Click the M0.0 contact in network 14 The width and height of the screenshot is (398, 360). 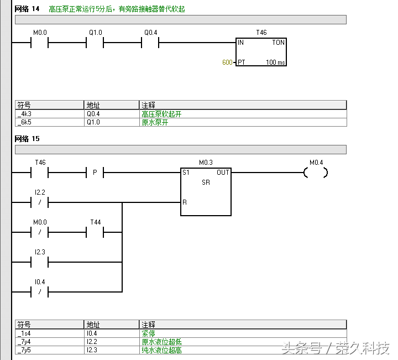point(40,42)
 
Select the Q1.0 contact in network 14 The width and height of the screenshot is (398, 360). point(95,42)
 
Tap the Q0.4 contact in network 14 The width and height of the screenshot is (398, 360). point(150,42)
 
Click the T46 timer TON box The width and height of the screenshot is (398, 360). point(261,52)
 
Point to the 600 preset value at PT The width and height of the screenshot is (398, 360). point(227,62)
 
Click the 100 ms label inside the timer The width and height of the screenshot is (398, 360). point(275,62)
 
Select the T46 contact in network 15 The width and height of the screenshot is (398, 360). point(40,173)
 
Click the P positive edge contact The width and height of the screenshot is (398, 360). point(95,173)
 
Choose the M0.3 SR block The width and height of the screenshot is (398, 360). point(206,191)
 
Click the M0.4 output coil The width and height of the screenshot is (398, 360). point(316,173)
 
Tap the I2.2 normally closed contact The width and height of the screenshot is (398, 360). point(40,202)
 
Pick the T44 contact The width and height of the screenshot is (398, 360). point(95,232)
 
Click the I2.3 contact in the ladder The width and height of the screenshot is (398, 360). point(40,262)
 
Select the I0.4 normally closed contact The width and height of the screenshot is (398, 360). point(40,291)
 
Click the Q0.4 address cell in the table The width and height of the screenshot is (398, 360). point(111,114)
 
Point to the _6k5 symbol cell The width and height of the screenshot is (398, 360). point(49,122)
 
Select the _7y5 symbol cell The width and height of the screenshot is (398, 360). point(49,350)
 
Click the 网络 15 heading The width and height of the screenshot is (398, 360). point(28,138)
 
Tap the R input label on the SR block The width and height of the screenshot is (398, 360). point(185,202)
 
